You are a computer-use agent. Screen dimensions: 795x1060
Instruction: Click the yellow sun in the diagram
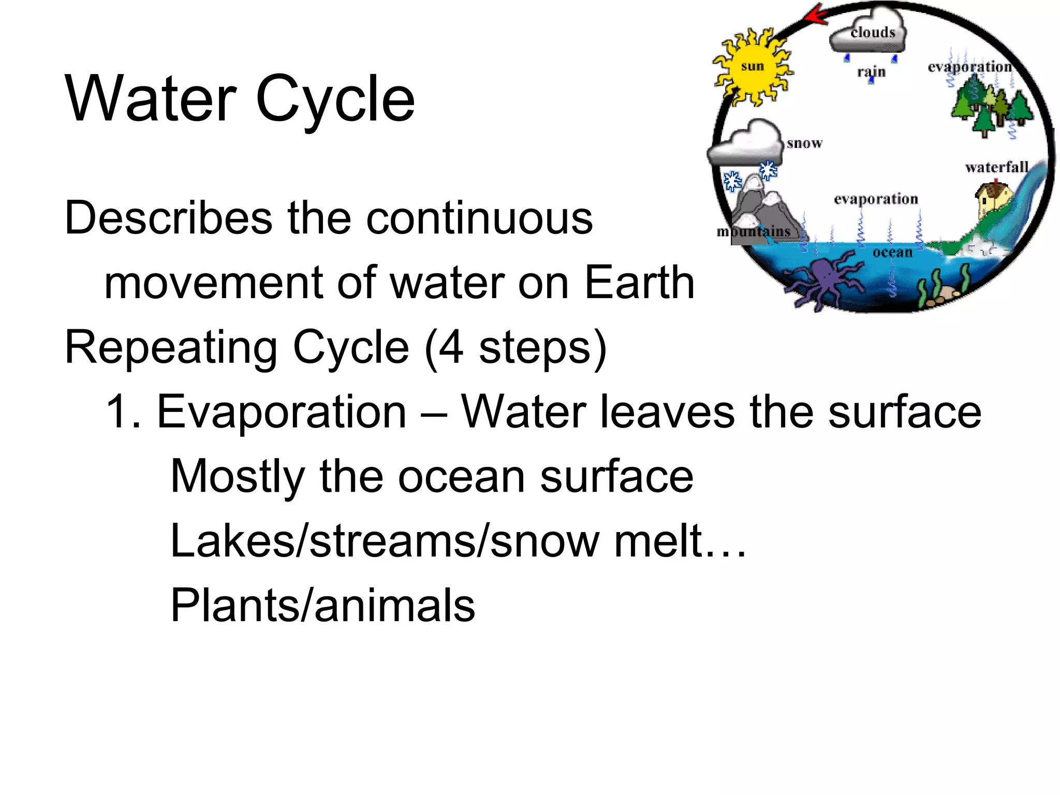pos(752,67)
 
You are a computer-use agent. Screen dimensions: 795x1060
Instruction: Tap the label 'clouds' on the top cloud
pos(873,33)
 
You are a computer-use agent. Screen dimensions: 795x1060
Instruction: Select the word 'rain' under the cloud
pos(871,71)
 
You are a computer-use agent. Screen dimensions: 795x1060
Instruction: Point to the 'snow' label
pos(804,143)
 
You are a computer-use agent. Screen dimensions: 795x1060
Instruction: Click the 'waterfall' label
pos(996,167)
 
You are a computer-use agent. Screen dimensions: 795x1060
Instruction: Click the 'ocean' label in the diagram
pos(892,253)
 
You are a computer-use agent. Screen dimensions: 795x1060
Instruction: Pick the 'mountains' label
pos(753,231)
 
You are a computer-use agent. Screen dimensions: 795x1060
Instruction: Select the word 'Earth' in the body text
pos(639,283)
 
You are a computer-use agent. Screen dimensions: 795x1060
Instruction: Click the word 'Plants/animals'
pos(322,605)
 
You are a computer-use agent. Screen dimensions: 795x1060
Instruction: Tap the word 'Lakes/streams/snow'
pos(384,541)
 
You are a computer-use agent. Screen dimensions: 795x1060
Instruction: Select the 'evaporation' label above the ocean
pos(876,199)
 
